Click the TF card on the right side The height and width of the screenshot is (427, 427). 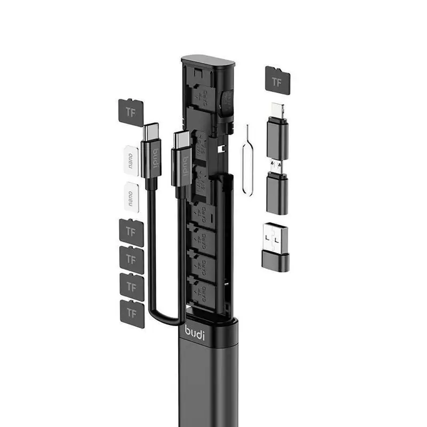coord(278,81)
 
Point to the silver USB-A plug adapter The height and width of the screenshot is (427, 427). coord(276,238)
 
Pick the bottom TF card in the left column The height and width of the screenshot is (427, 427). coord(131,313)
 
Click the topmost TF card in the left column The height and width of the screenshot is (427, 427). coord(130,112)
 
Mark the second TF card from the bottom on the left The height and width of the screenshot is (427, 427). coord(131,286)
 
